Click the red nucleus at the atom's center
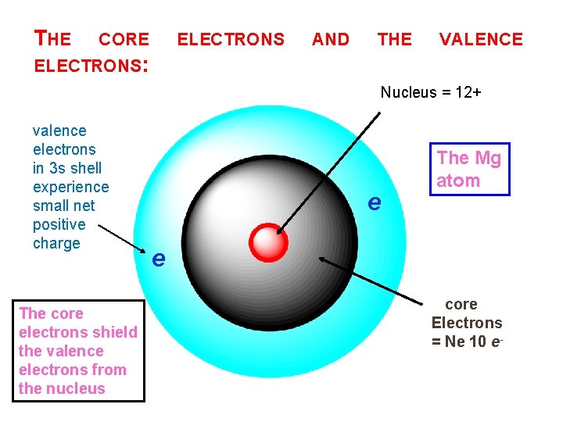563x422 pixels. coord(269,241)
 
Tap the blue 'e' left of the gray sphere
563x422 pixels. coord(159,258)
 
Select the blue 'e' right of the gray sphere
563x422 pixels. coord(375,202)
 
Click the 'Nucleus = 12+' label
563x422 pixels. coord(430,93)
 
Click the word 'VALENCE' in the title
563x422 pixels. coord(481,39)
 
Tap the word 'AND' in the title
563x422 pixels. coord(331,39)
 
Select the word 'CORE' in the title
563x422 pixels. coord(124,39)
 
